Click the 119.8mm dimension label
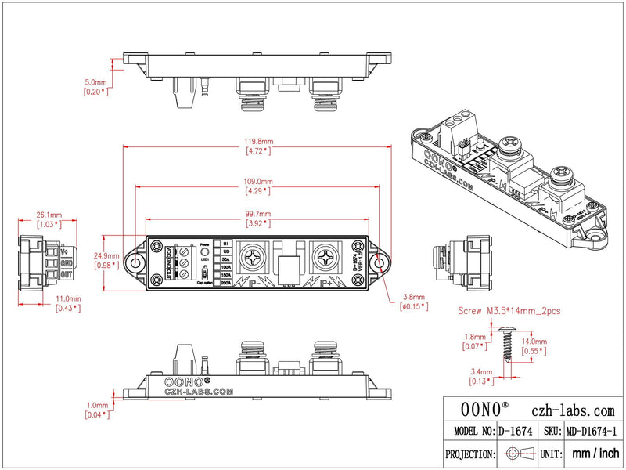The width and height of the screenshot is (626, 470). [x=257, y=142]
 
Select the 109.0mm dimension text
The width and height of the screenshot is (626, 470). [x=257, y=179]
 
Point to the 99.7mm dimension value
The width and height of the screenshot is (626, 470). [x=257, y=214]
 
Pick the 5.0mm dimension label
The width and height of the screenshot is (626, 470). [x=95, y=81]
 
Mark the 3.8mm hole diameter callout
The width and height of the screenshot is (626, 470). [x=415, y=297]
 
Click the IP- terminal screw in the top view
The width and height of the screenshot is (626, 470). [x=255, y=256]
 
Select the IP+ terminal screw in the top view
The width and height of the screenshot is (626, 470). [x=324, y=256]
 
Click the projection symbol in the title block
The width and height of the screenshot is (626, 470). [x=518, y=454]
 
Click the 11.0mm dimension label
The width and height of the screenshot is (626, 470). [x=68, y=298]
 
